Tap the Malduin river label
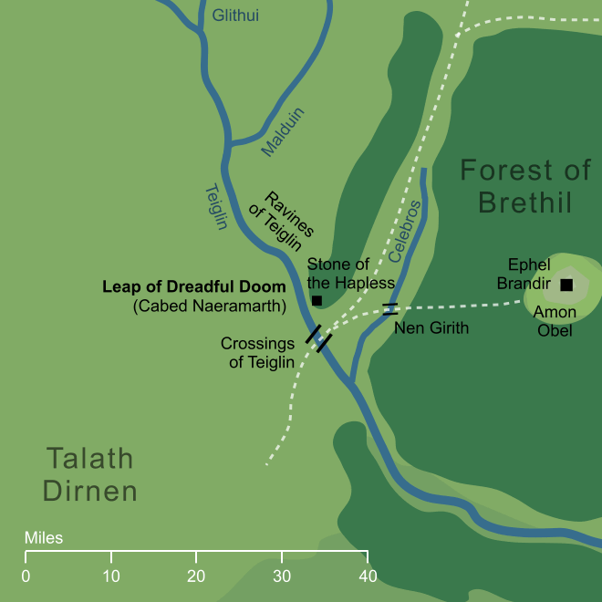point(283,133)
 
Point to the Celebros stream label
point(404,229)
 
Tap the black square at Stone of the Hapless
point(317,300)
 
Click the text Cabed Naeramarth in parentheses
point(209,306)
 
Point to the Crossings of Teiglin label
point(259,353)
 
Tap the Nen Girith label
point(431,327)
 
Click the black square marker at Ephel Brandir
point(566,285)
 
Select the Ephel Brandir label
point(524,274)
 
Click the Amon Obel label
point(554,321)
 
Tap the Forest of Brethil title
point(516,186)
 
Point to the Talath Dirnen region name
point(90,475)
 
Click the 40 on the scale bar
point(367,576)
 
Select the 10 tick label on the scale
point(110,576)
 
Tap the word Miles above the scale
point(44,538)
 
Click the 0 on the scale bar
point(26,576)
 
